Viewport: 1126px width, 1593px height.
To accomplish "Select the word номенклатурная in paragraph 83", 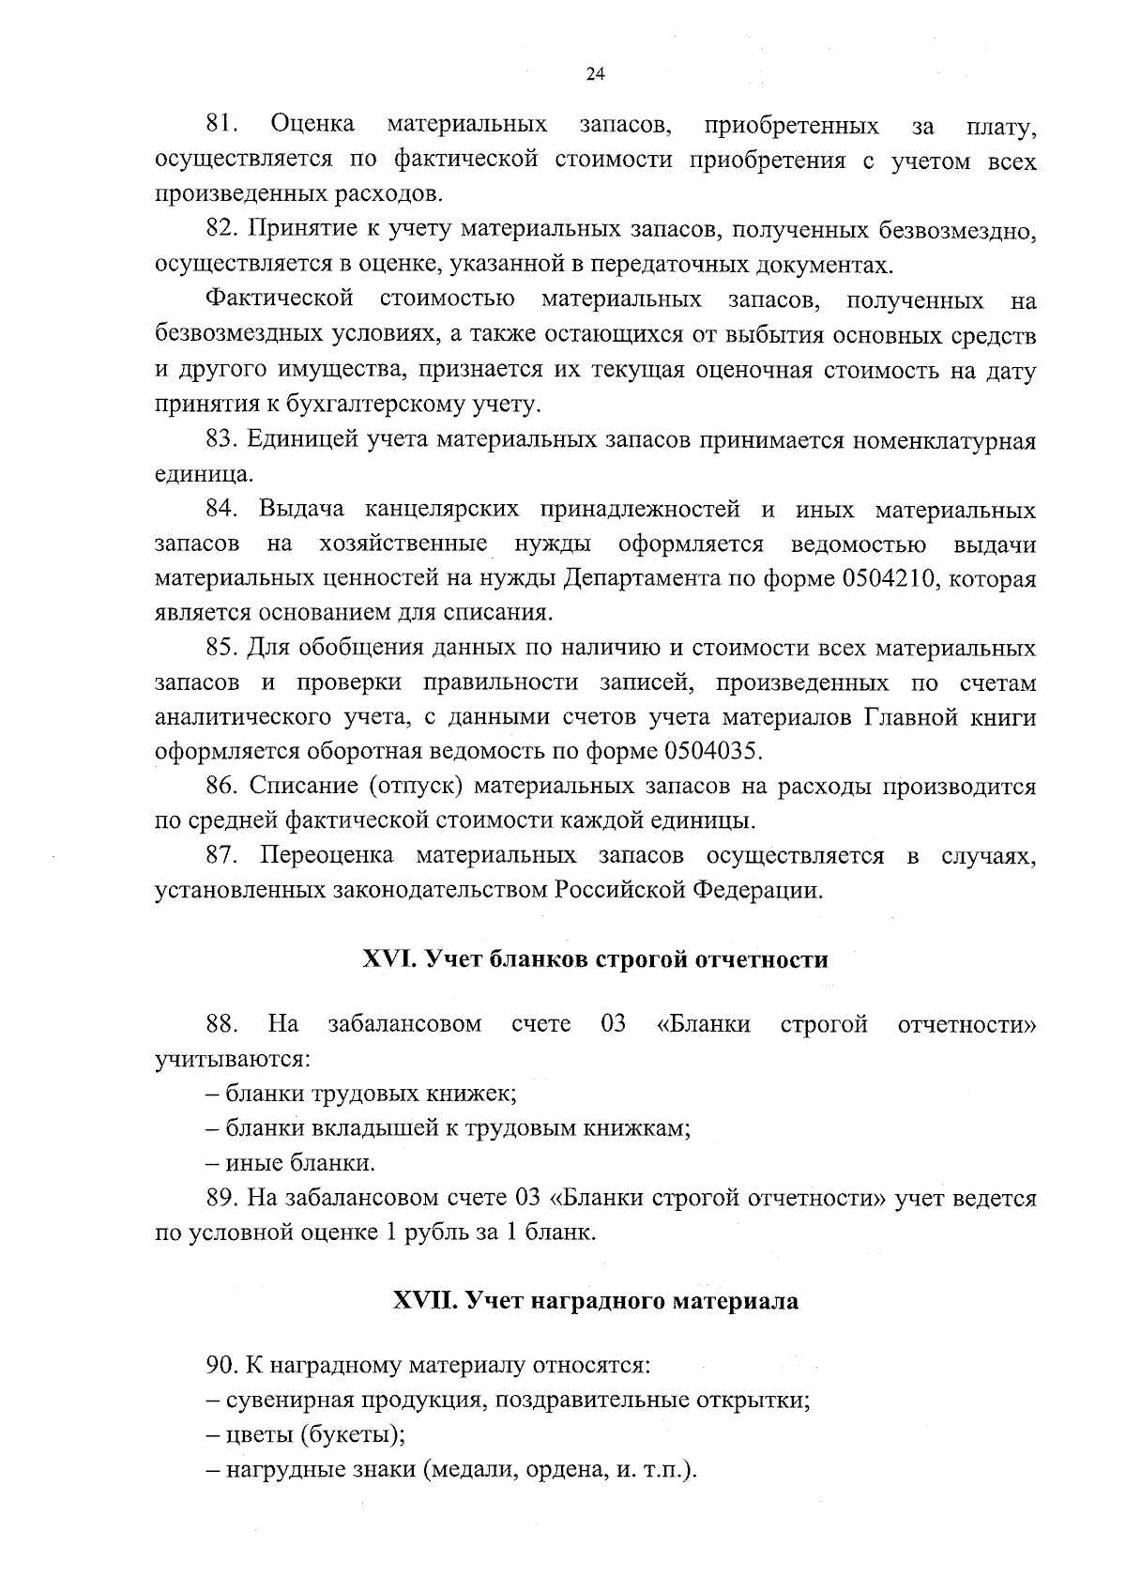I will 944,440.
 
